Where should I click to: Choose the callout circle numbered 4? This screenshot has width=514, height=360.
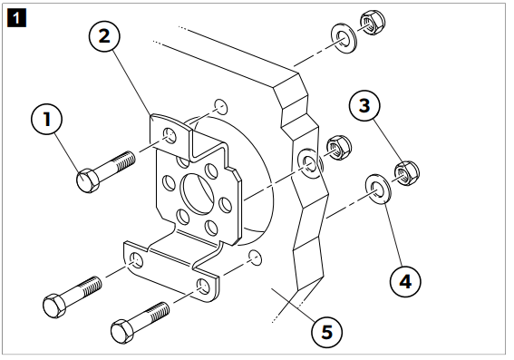(x=405, y=281)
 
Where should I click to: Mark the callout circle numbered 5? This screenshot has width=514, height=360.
(x=327, y=332)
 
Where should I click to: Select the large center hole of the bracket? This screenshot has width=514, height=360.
(x=198, y=192)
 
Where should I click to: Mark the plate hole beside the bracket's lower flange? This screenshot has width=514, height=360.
(x=255, y=258)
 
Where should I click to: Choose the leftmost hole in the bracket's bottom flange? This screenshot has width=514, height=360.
(x=136, y=261)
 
